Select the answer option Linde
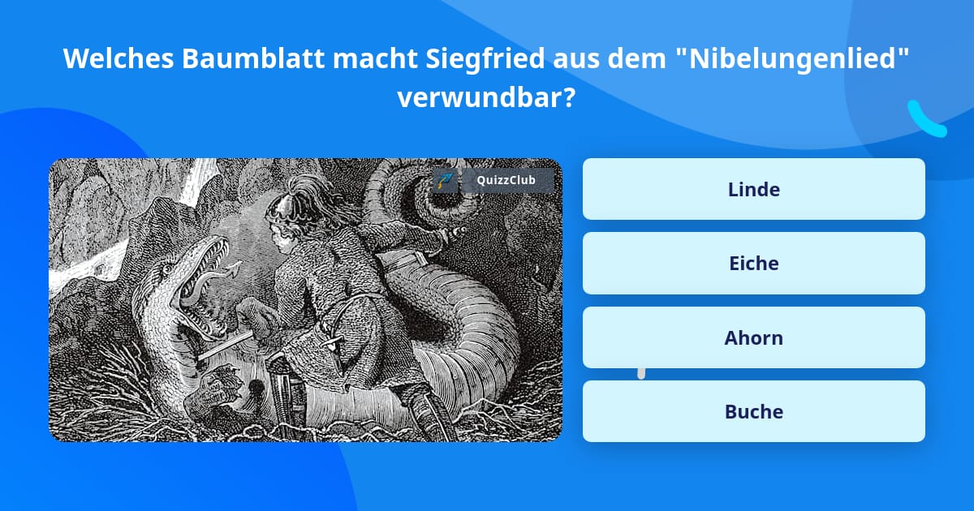click(753, 189)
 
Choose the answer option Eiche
click(753, 263)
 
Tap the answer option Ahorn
click(753, 337)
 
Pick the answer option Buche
click(753, 411)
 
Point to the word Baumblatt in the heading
click(255, 59)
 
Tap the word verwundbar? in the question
click(486, 98)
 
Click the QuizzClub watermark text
click(506, 180)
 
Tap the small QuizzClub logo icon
click(444, 180)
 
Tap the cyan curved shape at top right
click(926, 119)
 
